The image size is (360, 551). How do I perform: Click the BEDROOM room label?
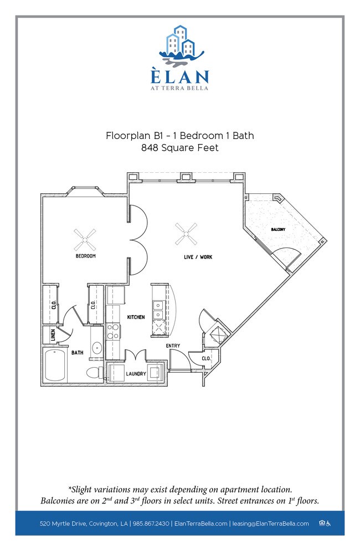pos(85,256)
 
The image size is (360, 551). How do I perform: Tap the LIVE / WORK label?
pos(198,257)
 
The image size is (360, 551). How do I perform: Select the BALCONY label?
pos(278,229)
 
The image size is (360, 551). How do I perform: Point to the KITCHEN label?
pos(136,317)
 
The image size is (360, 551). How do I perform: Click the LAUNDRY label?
pos(136,374)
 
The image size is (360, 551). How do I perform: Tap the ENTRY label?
pos(173,346)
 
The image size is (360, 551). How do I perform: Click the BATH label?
pos(78,352)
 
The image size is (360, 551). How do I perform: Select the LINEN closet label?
pos(53,335)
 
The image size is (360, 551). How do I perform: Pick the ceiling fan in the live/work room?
pos(186,234)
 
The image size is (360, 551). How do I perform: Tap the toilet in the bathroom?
pos(95,373)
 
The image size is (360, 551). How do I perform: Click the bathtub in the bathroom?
pos(55,365)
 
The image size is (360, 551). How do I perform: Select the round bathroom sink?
pos(97,348)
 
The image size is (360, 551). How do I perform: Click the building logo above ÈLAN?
pos(182,45)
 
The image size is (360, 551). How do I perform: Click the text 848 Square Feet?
pos(180,148)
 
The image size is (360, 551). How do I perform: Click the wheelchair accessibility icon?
pos(328,524)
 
